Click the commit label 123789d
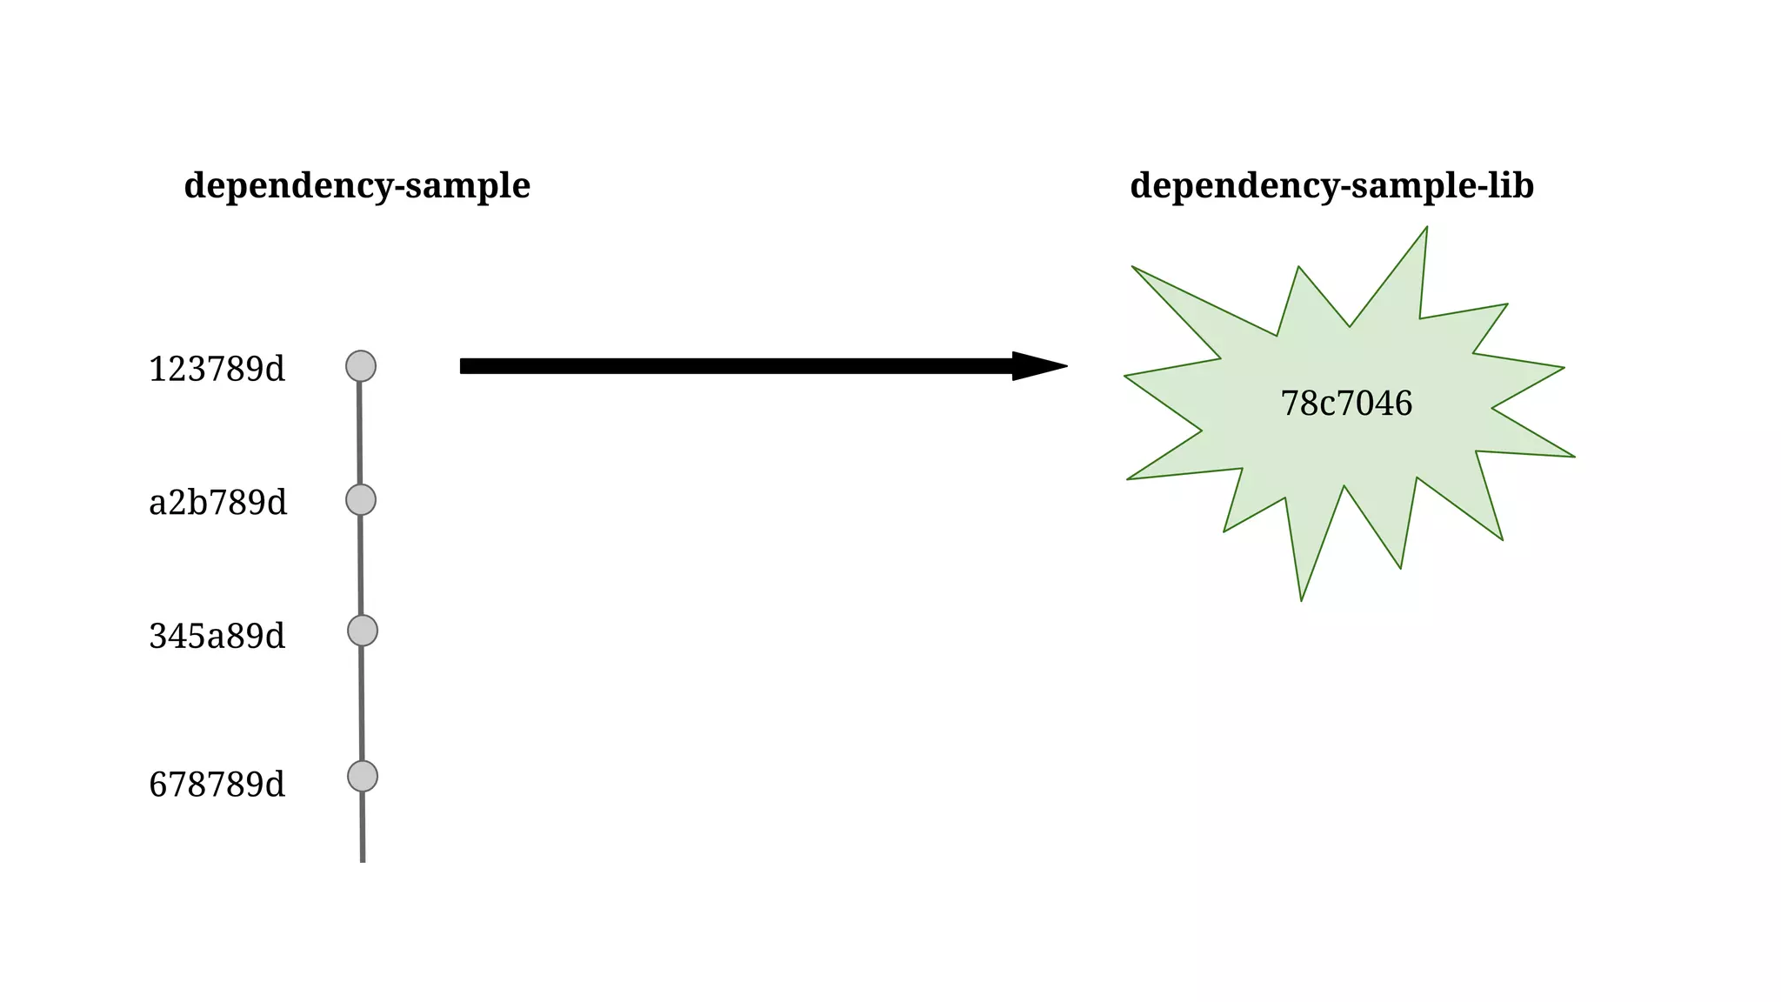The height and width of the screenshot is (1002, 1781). pos(217,370)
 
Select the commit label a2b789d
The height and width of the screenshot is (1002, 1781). pos(217,504)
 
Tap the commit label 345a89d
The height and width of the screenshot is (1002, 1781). pos(217,637)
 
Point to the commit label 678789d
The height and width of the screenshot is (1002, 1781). pos(217,785)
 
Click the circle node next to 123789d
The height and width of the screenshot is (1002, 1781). pos(361,366)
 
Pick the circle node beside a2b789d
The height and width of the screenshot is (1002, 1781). pos(361,500)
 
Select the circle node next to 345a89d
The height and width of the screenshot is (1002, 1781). pos(363,631)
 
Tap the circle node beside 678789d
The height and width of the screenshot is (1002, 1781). pos(363,776)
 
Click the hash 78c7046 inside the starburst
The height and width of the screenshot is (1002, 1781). pos(1346,404)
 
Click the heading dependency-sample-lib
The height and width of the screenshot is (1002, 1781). pos(1331,186)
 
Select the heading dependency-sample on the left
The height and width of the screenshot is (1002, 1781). pos(357,186)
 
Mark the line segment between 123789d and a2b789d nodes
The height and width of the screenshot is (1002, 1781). pos(360,433)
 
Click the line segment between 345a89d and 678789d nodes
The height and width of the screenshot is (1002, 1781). pos(362,703)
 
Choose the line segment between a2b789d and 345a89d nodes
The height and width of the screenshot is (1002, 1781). pos(361,565)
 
